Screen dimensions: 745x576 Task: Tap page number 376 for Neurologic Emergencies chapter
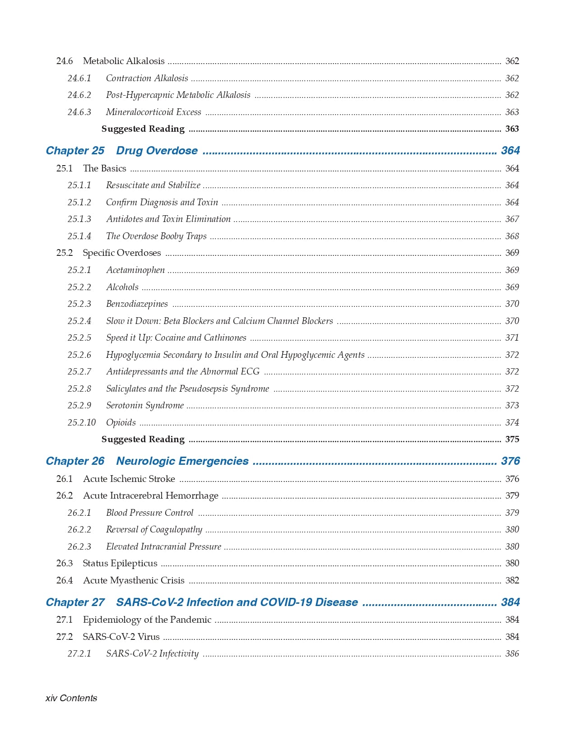coord(510,461)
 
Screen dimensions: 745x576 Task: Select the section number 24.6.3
coord(79,112)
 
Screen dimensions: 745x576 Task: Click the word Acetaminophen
coord(135,270)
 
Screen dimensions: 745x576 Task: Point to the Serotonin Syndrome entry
coord(145,406)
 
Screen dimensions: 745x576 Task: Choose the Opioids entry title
coord(121,423)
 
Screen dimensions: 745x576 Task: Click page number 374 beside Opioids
coord(512,423)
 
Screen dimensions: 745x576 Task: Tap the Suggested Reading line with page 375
coord(143,440)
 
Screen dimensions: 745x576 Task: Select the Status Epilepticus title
coord(120,564)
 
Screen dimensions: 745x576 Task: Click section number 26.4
coord(65,581)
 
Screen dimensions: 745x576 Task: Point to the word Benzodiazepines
coord(137,304)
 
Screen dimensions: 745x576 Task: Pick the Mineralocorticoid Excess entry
coord(153,112)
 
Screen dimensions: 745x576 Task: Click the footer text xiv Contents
coord(71,698)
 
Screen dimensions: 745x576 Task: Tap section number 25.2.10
coord(82,423)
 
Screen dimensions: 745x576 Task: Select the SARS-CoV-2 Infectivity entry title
coord(152,654)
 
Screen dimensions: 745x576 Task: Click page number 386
coord(512,654)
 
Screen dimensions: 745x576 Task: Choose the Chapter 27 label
coord(75,602)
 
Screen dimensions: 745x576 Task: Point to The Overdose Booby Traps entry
coord(156,236)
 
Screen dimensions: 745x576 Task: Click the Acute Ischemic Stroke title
coord(129,479)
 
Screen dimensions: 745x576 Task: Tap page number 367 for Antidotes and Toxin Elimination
coord(512,219)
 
